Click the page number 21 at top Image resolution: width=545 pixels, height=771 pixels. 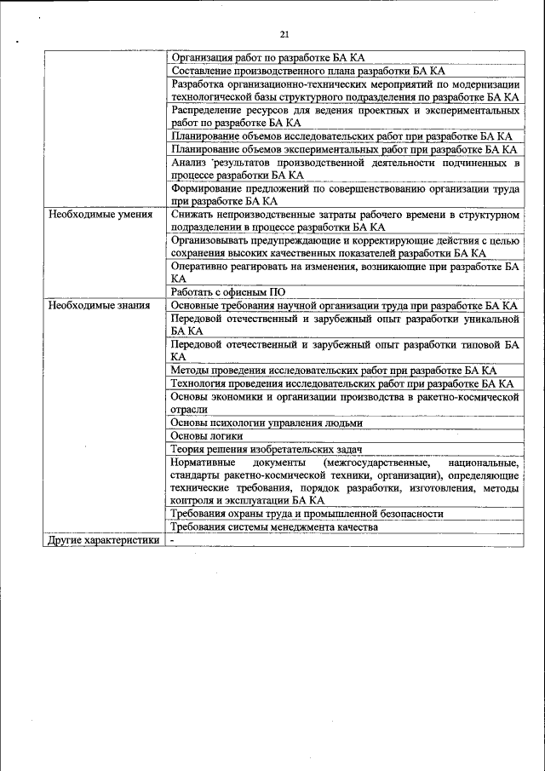coord(284,34)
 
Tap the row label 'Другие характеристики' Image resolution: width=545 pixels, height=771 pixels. coord(104,540)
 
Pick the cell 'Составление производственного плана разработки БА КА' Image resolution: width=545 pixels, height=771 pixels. coord(307,71)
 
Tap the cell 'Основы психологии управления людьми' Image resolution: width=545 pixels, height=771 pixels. coord(267,423)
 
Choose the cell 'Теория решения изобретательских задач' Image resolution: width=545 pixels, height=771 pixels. coord(267,449)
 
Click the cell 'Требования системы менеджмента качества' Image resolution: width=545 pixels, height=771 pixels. coord(273,527)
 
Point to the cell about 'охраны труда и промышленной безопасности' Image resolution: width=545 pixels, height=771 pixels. coord(307,514)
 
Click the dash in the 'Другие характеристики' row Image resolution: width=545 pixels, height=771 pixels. coord(172,540)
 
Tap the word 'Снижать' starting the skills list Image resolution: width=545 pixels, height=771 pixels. coord(192,215)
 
